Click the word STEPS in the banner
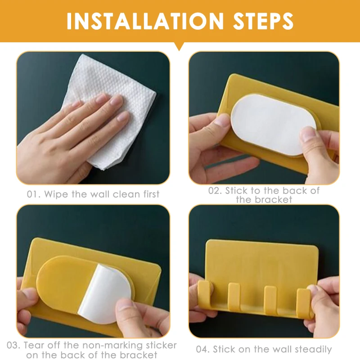[263, 21]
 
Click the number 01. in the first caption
[33, 194]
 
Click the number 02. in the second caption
[215, 191]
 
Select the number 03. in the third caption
[13, 345]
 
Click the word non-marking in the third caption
[110, 346]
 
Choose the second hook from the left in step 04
[234, 296]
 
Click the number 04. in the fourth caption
[203, 350]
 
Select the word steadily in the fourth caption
[313, 350]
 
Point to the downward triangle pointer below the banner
[179, 46]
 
